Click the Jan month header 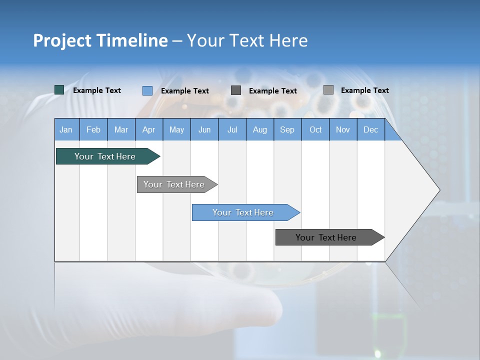click(66, 130)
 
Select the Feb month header click(93, 130)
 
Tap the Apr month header click(149, 130)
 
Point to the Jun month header click(204, 130)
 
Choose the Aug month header click(260, 130)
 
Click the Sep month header click(287, 130)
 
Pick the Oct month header click(315, 130)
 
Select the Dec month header click(371, 130)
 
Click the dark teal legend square click(59, 90)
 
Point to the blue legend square click(147, 90)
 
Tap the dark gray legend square click(236, 90)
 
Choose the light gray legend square click(328, 90)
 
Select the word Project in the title click(61, 40)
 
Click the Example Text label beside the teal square click(97, 90)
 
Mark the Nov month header click(343, 130)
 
